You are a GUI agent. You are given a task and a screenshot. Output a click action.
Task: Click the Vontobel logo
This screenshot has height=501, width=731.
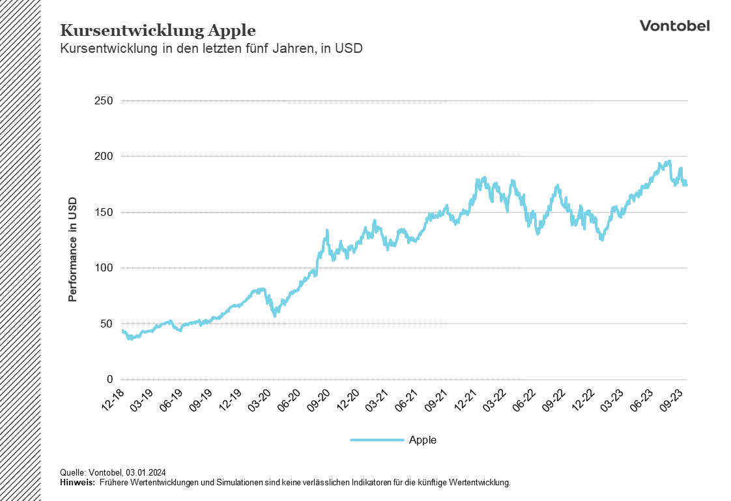click(674, 25)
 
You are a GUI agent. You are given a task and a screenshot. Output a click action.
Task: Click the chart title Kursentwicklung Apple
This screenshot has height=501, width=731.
click(158, 31)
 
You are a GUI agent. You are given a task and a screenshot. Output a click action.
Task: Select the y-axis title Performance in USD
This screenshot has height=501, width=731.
click(72, 249)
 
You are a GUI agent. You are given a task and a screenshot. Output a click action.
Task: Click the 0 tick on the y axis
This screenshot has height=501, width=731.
click(110, 380)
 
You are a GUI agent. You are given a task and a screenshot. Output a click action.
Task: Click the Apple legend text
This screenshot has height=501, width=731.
click(422, 440)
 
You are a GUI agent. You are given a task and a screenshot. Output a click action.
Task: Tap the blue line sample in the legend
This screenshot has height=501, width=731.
click(377, 440)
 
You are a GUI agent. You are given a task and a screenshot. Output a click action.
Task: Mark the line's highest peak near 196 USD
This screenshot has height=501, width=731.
click(668, 161)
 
